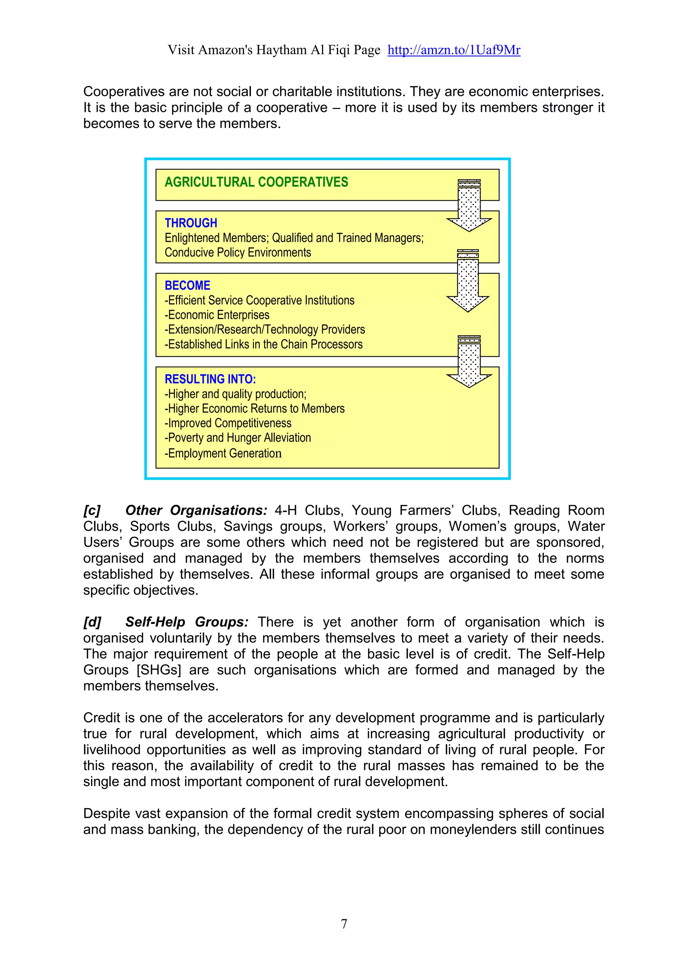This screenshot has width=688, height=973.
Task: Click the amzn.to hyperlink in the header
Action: [x=454, y=50]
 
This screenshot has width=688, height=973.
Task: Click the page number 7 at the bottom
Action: [x=344, y=923]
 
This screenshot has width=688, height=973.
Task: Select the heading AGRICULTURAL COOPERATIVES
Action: [x=256, y=182]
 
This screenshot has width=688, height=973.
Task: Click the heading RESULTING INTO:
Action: [x=210, y=379]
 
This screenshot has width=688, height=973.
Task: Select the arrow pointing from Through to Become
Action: [x=468, y=282]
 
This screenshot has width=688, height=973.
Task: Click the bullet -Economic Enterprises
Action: [x=217, y=315]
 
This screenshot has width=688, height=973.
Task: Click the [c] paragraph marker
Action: [x=92, y=510]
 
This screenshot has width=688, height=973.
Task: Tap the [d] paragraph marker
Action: [x=92, y=622]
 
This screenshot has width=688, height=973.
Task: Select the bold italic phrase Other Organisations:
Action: [x=196, y=510]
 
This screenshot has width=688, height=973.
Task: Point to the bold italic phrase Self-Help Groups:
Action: [x=187, y=622]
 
